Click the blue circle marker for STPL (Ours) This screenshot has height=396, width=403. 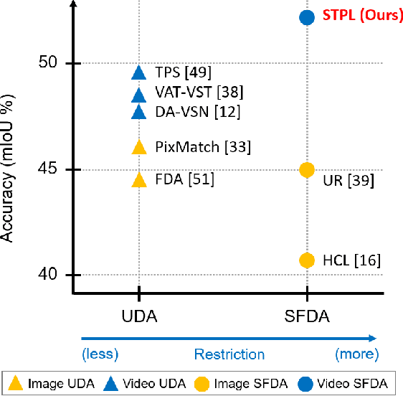(307, 16)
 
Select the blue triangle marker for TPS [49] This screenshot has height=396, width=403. (139, 72)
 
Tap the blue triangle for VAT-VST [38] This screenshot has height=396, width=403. (139, 95)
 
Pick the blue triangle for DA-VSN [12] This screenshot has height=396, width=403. (139, 112)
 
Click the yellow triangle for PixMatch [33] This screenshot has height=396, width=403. (139, 147)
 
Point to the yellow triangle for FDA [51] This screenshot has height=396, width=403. (139, 179)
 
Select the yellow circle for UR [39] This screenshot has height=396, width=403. (307, 170)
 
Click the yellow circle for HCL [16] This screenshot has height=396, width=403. (307, 260)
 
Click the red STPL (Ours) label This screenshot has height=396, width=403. (363, 16)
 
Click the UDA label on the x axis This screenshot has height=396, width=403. (139, 316)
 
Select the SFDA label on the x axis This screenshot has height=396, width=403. (307, 316)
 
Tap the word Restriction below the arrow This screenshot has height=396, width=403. (229, 354)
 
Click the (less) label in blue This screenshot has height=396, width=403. (100, 354)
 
